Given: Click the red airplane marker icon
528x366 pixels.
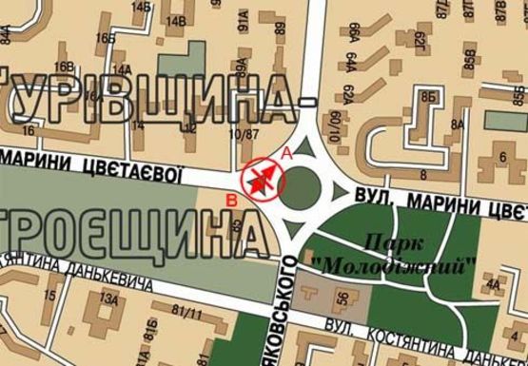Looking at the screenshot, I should (x=264, y=178).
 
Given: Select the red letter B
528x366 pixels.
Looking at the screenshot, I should (x=230, y=199).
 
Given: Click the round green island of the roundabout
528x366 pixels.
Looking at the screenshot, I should (x=303, y=183).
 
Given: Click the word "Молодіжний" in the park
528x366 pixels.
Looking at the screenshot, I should (x=393, y=263).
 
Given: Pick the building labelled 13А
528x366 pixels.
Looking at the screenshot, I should (x=110, y=300).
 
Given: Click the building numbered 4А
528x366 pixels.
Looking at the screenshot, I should (x=491, y=283).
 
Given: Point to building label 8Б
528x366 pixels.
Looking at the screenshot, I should (x=429, y=97).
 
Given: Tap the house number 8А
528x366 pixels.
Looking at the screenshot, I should (x=459, y=125).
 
